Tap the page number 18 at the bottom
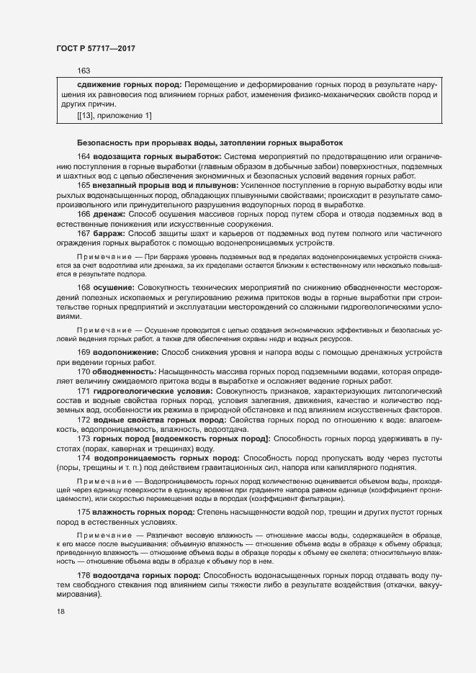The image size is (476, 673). pos(60,612)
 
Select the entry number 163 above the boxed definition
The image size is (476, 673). pos(84,71)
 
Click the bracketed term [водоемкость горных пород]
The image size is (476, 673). pos(210,438)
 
